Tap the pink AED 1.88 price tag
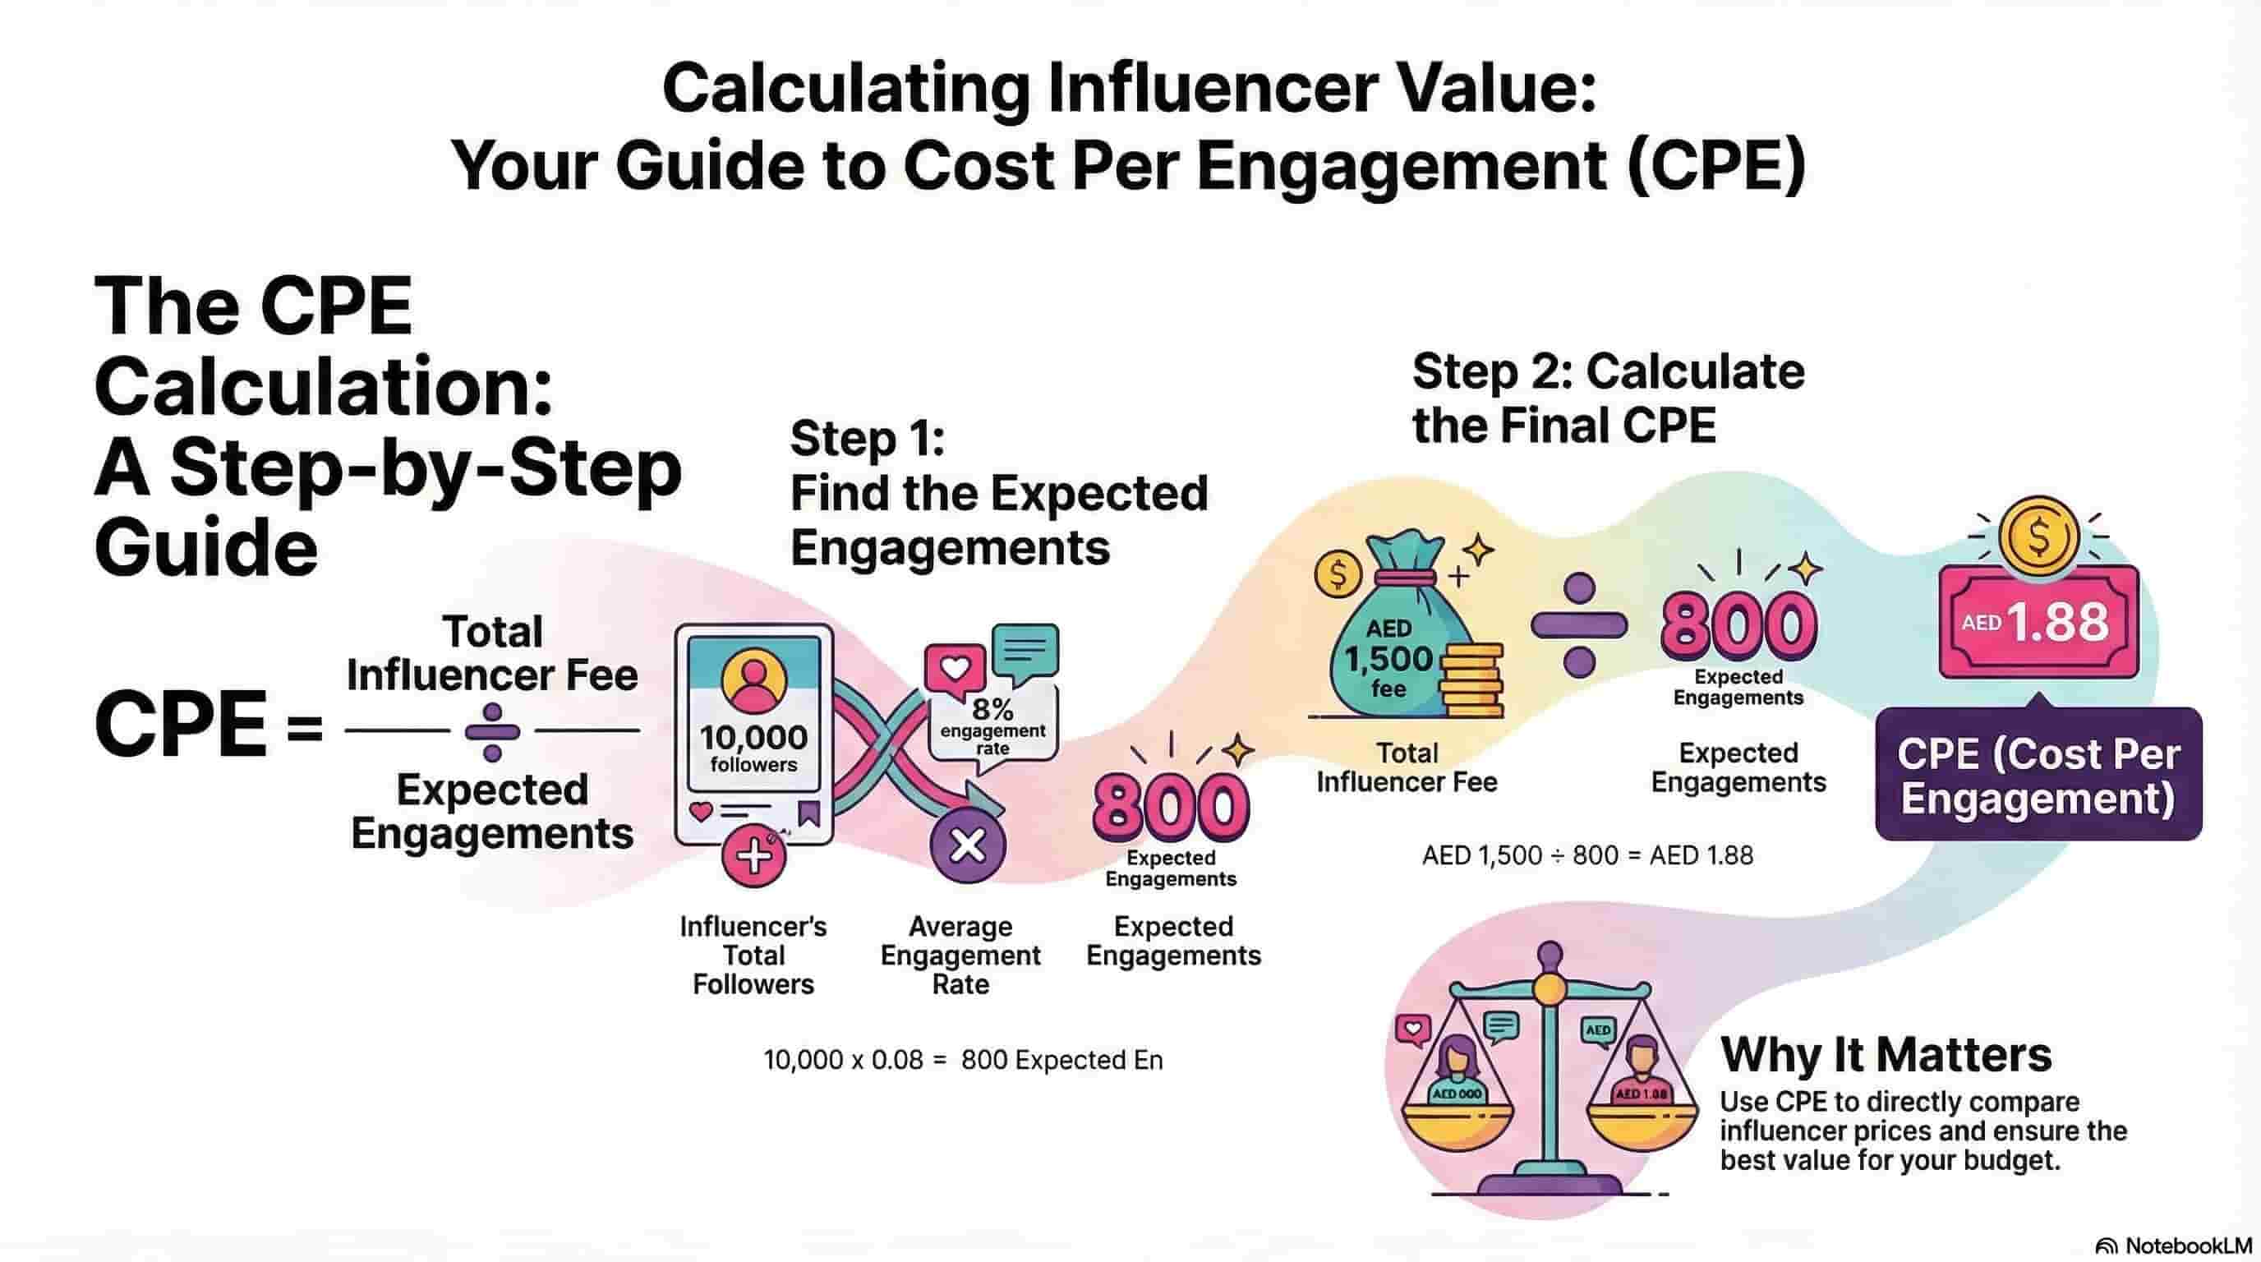pos(2038,622)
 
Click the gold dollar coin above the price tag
pos(2038,536)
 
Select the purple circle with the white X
pos(968,846)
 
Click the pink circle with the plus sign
pos(754,857)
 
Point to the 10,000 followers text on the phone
pos(753,748)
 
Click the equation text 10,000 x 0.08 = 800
pos(963,1060)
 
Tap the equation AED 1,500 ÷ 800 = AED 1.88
pos(1587,855)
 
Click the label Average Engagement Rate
pos(960,955)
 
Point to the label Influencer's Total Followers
pos(753,955)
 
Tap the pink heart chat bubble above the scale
pos(1413,1029)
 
